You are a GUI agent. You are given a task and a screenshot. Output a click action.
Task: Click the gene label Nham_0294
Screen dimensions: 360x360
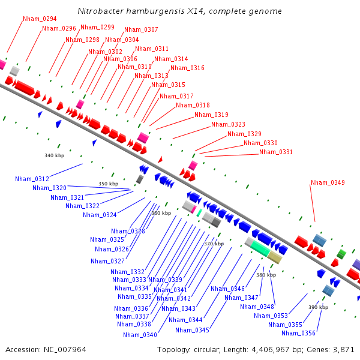coord(40,19)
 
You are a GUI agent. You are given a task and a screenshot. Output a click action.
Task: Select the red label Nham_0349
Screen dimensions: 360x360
coord(328,182)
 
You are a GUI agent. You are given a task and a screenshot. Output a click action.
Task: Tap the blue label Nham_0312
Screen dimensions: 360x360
coord(32,179)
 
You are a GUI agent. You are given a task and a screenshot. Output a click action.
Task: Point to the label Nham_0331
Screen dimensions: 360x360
coord(276,152)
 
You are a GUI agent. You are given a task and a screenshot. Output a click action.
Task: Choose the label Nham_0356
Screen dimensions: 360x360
coord(299,333)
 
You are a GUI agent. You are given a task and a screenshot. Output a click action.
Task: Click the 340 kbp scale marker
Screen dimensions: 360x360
coord(54,155)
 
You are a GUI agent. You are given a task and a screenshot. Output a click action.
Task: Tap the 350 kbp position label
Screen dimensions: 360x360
coord(109,184)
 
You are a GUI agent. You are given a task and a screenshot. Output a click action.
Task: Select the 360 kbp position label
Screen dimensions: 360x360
coord(161,213)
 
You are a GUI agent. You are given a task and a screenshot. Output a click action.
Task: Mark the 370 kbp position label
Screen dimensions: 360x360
coord(214,244)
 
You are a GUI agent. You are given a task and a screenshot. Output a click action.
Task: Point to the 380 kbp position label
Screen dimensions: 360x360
coord(266,274)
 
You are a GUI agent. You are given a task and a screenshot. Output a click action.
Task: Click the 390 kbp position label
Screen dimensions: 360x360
coord(318,307)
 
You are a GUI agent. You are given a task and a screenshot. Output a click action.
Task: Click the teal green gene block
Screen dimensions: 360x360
coord(260,248)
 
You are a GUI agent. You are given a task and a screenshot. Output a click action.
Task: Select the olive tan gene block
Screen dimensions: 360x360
coord(275,257)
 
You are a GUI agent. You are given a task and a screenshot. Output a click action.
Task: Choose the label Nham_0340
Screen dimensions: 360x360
coord(140,335)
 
